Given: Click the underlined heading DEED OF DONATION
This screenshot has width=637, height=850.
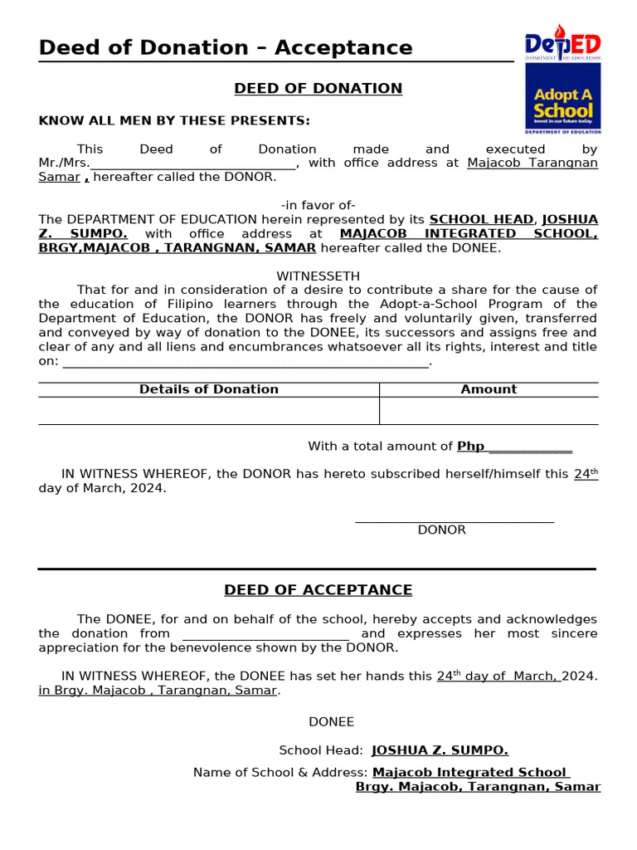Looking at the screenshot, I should tap(318, 89).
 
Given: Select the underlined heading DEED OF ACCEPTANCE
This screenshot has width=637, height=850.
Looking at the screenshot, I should tap(318, 590).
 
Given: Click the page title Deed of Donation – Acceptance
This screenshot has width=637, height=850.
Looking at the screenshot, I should tap(226, 48).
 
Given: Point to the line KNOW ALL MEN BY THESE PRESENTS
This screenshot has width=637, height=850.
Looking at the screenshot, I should tap(174, 121).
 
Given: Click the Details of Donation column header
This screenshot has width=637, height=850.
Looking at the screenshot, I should tap(209, 389).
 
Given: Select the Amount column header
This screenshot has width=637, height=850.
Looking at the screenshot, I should tap(489, 389).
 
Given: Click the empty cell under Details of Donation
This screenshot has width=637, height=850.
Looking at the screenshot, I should tap(209, 411).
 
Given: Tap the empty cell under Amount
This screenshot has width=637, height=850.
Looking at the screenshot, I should tap(489, 411).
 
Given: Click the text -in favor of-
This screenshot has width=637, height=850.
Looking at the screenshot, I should tap(318, 205).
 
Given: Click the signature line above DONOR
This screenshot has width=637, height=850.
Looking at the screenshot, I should tap(454, 520).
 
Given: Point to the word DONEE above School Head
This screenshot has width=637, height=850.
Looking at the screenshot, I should tap(331, 722).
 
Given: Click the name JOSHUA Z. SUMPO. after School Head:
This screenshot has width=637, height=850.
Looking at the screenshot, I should tap(440, 750).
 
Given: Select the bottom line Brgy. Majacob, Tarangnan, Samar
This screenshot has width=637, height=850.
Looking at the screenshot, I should tap(478, 787).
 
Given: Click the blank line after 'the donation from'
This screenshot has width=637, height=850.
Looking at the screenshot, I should tap(265, 635).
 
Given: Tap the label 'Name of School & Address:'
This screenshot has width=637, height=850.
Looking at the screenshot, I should tap(280, 773).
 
